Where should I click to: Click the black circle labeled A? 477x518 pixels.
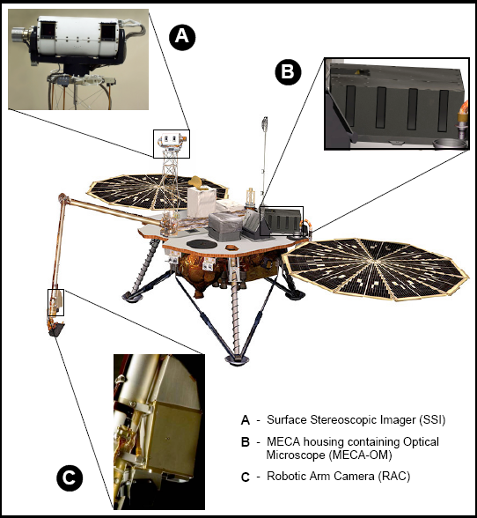[x=182, y=36]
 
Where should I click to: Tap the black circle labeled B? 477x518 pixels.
[x=288, y=71]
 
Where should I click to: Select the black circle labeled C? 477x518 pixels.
[x=70, y=477]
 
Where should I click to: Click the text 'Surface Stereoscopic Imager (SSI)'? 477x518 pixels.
[x=356, y=420]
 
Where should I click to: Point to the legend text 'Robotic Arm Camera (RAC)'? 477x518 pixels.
[x=338, y=477]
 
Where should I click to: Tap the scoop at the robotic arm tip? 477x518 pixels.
[x=56, y=329]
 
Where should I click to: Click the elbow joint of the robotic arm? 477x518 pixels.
[x=62, y=198]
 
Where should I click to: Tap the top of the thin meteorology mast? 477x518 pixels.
[x=264, y=122]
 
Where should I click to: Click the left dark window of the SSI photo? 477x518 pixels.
[x=48, y=30]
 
